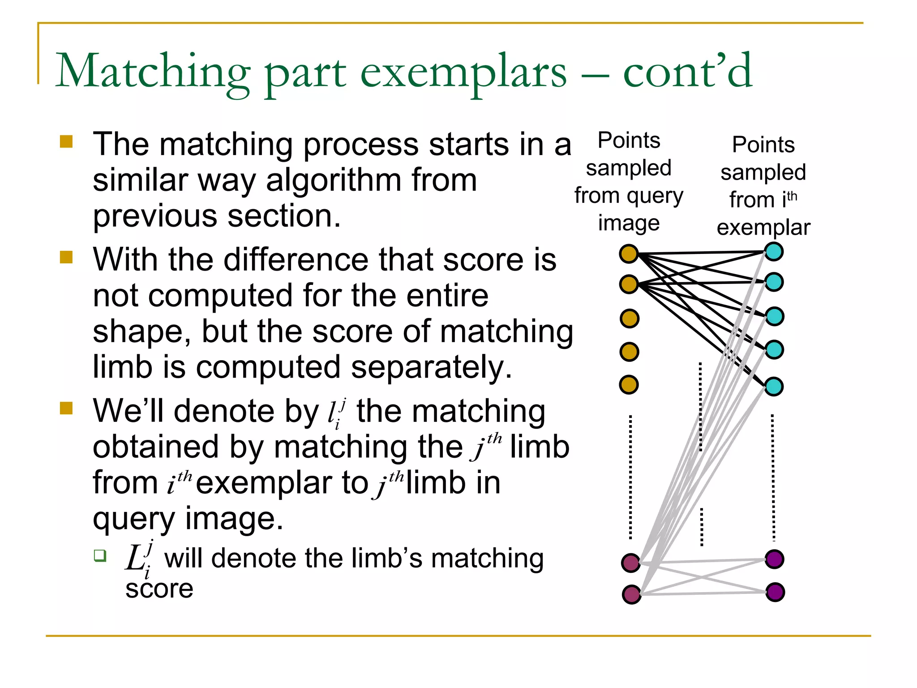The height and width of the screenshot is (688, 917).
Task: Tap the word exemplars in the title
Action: pyautogui.click(x=463, y=72)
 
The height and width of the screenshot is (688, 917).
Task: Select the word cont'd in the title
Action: pyautogui.click(x=687, y=72)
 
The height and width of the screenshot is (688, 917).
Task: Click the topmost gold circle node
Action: pyautogui.click(x=629, y=254)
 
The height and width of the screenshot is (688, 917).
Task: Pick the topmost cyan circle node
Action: pyautogui.click(x=774, y=251)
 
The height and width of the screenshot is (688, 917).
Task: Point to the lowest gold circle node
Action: pyautogui.click(x=629, y=384)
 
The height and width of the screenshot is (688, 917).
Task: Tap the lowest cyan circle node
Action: pyautogui.click(x=774, y=386)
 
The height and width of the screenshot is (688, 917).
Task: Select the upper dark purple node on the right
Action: pyautogui.click(x=775, y=559)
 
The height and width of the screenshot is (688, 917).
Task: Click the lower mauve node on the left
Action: pyautogui.click(x=632, y=594)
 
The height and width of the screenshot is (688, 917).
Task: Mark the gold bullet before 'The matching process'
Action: pyautogui.click(x=66, y=142)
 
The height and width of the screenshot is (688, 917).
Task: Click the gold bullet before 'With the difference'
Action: pyautogui.click(x=66, y=257)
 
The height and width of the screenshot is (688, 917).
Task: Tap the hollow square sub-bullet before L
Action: pyautogui.click(x=100, y=556)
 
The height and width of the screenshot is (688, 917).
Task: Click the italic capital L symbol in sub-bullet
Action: pyautogui.click(x=134, y=558)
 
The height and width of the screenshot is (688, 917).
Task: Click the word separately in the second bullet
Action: pyautogui.click(x=431, y=367)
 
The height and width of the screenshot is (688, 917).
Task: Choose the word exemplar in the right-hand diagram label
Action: pyautogui.click(x=763, y=228)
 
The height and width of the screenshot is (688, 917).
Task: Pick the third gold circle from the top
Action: pyautogui.click(x=629, y=318)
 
